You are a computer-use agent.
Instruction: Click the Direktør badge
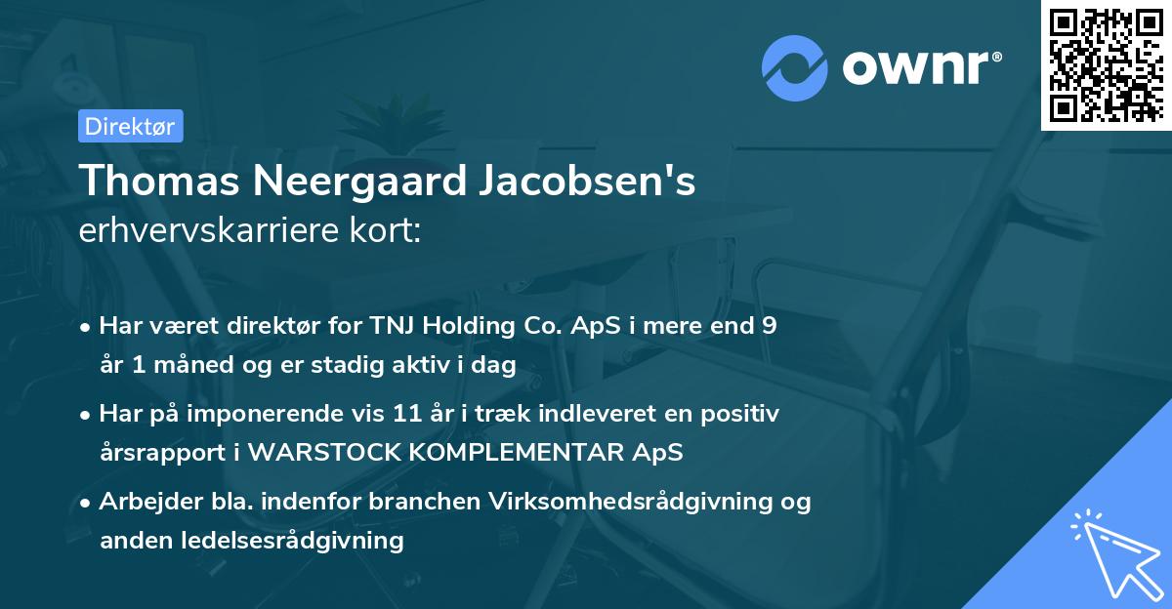(130, 126)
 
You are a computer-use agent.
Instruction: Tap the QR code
(1106, 64)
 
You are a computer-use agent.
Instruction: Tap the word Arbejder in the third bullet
(143, 502)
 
